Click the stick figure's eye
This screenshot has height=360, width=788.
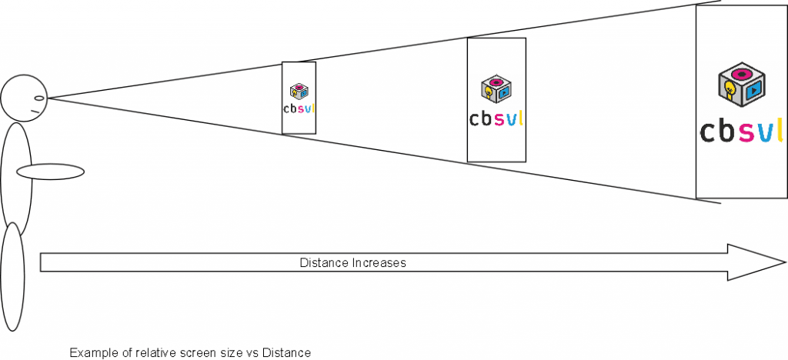pos(41,98)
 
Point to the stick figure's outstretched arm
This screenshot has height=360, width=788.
pos(50,171)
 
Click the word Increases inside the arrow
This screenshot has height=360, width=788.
pos(379,263)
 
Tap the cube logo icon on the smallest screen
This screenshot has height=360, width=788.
pos(299,91)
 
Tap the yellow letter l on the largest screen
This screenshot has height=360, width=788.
pos(779,129)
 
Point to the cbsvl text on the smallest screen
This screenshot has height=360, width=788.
pos(299,108)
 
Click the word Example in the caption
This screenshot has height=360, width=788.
pos(91,353)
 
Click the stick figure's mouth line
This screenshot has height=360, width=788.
pos(35,112)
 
